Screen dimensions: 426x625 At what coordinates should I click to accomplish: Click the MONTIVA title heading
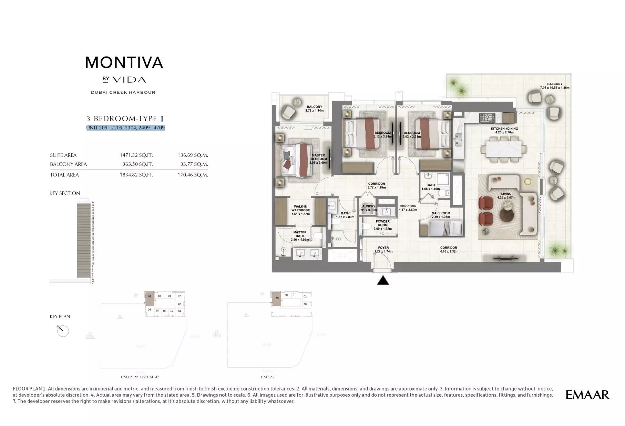click(x=124, y=63)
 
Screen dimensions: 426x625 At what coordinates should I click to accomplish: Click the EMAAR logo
click(x=587, y=395)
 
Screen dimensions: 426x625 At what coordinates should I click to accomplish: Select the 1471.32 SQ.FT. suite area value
click(x=136, y=155)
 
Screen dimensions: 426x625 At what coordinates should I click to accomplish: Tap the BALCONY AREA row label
click(x=68, y=164)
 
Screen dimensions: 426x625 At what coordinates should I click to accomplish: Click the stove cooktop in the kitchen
click(x=487, y=118)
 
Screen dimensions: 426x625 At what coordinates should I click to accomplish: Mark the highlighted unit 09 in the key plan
click(x=150, y=298)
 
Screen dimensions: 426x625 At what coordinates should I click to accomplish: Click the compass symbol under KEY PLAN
click(x=63, y=331)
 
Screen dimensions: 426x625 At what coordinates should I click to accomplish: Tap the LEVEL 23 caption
click(x=267, y=377)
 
